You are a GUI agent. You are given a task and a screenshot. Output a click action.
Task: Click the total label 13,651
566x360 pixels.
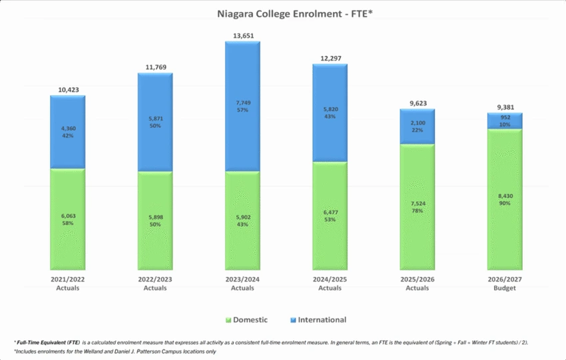242,35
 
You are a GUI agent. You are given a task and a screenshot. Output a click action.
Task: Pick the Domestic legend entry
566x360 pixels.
249,320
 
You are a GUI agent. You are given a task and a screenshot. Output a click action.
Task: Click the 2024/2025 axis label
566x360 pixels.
330,280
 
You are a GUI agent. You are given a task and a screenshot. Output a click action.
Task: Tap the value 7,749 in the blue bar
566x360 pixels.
242,102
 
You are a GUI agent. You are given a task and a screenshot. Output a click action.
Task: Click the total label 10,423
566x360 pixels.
67,89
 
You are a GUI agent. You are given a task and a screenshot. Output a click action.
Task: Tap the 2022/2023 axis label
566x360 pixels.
154,280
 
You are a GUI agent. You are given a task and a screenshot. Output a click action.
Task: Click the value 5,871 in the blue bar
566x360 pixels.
154,118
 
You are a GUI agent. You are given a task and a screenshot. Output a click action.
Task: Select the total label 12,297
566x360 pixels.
330,58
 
